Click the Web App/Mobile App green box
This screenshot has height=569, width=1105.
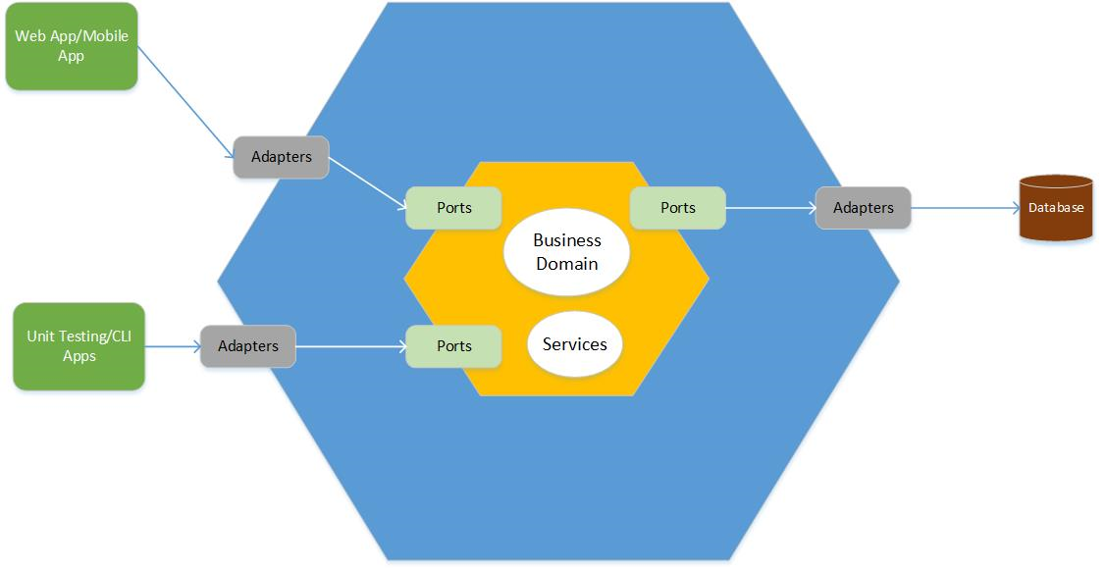pos(72,46)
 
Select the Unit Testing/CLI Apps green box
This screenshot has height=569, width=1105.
pos(79,346)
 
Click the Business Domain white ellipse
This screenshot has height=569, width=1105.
pos(566,251)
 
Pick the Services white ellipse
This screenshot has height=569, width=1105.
pos(574,343)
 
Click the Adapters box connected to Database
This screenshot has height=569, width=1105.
pos(863,208)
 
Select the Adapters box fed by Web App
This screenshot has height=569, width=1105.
pos(281,157)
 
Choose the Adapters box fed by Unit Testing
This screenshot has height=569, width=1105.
pos(248,346)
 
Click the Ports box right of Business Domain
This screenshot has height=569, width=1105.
pos(677,208)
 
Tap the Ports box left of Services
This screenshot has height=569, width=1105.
pos(454,346)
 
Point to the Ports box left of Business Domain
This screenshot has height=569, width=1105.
pos(454,208)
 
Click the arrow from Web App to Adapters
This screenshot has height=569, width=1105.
pos(186,102)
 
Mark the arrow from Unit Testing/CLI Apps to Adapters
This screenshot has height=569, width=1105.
pos(173,346)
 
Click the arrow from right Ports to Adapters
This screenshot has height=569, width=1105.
pos(770,208)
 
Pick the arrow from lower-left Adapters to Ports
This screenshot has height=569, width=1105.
pos(350,346)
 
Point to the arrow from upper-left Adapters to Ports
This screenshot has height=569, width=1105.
pos(367,183)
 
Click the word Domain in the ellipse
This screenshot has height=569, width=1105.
pos(566,263)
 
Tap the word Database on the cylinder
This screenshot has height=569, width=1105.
pos(1056,208)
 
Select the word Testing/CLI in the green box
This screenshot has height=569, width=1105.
pos(96,336)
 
